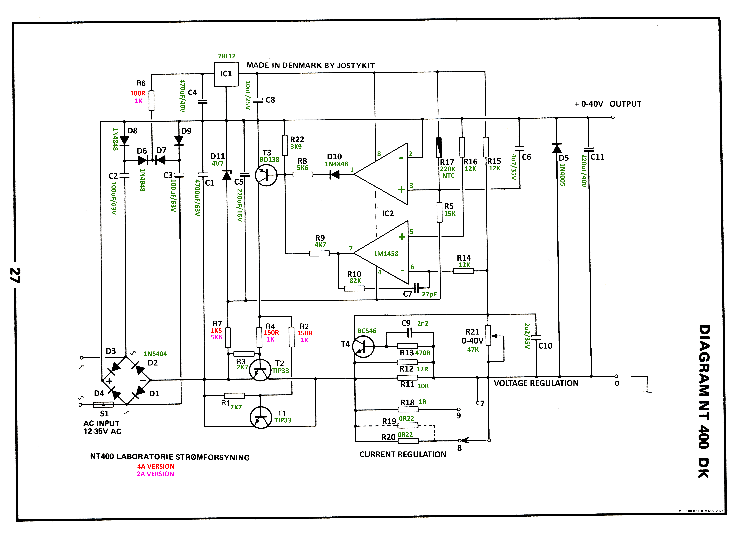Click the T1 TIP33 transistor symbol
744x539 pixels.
(x=261, y=417)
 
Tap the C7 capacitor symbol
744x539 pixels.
(x=417, y=288)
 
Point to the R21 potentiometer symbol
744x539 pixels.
(x=488, y=336)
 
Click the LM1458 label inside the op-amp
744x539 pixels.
(x=386, y=254)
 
